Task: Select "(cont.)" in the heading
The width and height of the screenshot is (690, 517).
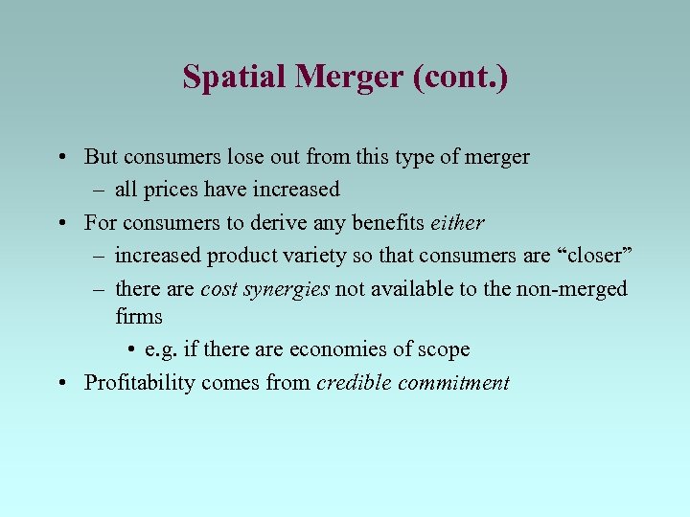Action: point(460,77)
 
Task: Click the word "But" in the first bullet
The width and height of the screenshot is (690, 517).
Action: point(101,156)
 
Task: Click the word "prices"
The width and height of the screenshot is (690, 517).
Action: point(171,189)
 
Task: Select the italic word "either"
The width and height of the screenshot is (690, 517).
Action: point(458,222)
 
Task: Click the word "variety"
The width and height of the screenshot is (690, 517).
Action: point(314,255)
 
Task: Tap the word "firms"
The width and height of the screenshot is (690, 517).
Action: point(139,316)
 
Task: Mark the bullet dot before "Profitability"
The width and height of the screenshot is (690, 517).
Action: point(60,383)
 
